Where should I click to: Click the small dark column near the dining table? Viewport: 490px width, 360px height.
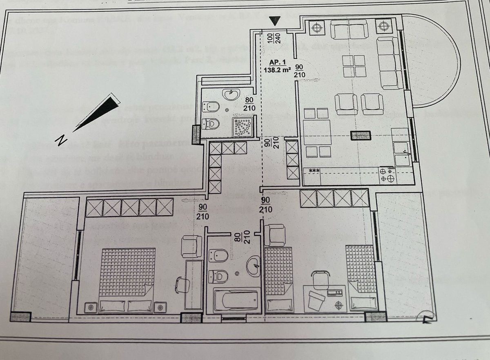[x=361, y=135]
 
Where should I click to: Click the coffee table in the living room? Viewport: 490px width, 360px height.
[x=354, y=66]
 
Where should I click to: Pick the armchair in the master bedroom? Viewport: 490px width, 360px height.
[x=192, y=246]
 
